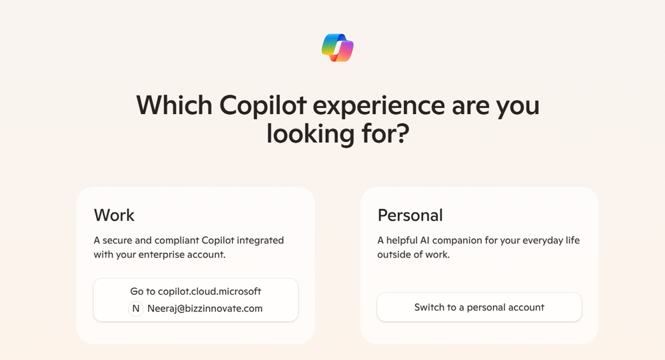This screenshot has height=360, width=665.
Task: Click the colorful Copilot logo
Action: click(338, 47)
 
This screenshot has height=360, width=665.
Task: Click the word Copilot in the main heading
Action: click(263, 105)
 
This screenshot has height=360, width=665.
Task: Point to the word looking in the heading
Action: click(310, 134)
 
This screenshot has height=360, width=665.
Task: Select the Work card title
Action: click(114, 215)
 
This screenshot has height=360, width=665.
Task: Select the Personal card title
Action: click(410, 215)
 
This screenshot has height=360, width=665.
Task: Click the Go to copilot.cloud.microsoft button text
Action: click(195, 291)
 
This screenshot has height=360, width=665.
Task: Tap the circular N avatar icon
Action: click(136, 309)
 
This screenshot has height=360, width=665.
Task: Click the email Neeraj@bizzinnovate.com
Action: click(205, 309)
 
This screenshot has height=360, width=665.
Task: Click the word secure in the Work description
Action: click(117, 240)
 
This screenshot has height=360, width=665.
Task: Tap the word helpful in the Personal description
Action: click(402, 241)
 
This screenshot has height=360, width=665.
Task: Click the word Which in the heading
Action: click(174, 105)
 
